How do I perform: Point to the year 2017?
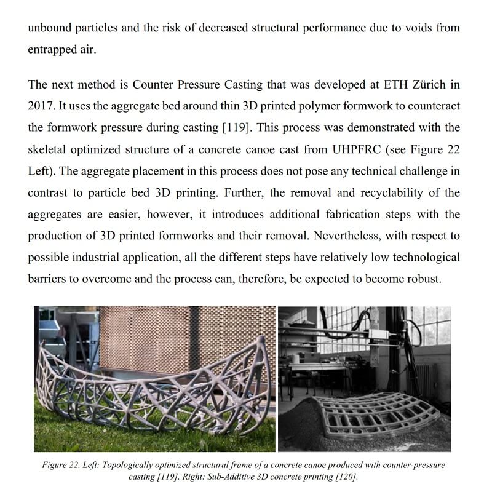(x=41, y=106)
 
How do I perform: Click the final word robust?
(x=423, y=279)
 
